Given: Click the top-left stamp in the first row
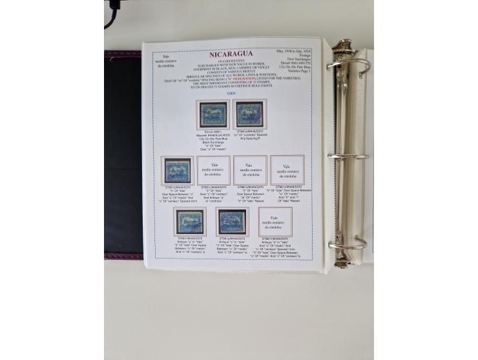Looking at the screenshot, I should [212, 114].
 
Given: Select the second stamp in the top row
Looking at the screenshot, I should [249, 114].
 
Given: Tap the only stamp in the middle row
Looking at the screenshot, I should [177, 171].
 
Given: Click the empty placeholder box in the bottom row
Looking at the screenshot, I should [275, 222].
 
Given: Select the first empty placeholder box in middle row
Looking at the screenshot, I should [213, 171].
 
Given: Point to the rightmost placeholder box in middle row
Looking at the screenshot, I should [287, 171].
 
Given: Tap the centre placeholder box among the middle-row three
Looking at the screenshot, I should [250, 171].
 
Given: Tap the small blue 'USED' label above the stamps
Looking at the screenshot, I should [231, 92].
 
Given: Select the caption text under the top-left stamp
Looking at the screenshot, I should [212, 142].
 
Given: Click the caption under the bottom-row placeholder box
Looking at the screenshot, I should [276, 247].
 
